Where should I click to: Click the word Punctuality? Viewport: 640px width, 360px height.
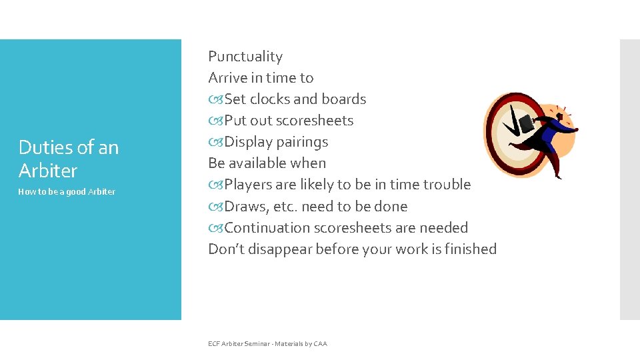pos(245,57)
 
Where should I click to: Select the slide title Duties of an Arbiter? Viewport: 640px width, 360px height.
pos(69,159)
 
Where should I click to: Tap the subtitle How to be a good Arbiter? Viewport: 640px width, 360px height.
pos(67,192)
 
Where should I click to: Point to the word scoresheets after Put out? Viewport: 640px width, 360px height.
pos(315,121)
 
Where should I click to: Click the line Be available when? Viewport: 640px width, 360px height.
pos(267,163)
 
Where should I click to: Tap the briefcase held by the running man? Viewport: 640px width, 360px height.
pos(526,123)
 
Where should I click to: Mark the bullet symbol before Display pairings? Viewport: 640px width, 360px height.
pos(215,142)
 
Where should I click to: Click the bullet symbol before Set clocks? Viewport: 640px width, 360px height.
pos(215,99)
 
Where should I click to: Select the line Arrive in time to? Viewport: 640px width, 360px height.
pos(261,78)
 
